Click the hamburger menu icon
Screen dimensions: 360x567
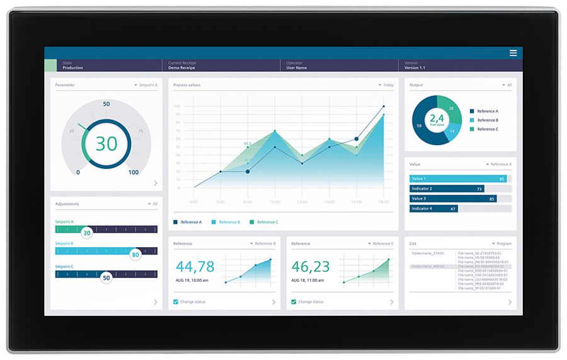pyautogui.click(x=513, y=53)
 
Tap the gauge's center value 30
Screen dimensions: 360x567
pyautogui.click(x=106, y=143)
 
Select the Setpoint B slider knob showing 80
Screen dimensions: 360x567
pyautogui.click(x=135, y=254)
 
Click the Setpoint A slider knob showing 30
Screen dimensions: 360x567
pyautogui.click(x=87, y=233)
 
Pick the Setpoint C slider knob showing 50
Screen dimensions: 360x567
pyautogui.click(x=106, y=277)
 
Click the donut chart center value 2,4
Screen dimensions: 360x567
pyautogui.click(x=437, y=118)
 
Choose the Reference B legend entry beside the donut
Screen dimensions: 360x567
pyautogui.click(x=487, y=120)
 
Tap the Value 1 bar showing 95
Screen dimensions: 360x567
pyautogui.click(x=458, y=178)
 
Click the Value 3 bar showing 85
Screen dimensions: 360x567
pyautogui.click(x=453, y=199)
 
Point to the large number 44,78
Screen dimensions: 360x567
pyautogui.click(x=195, y=266)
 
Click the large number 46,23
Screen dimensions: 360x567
pyautogui.click(x=311, y=266)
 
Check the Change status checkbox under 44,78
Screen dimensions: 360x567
pyautogui.click(x=176, y=302)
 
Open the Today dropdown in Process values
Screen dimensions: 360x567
pyautogui.click(x=386, y=85)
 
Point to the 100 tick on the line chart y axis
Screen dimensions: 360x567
pyautogui.click(x=176, y=106)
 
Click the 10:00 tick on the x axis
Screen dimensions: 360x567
pyautogui.click(x=275, y=202)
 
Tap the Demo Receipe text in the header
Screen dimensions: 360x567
pyautogui.click(x=181, y=67)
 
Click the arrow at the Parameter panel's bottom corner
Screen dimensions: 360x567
pyautogui.click(x=156, y=183)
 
